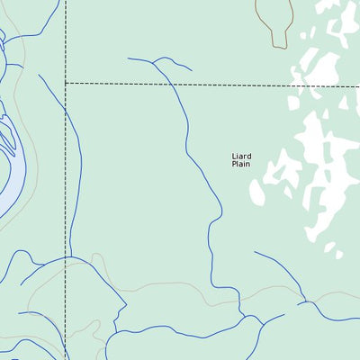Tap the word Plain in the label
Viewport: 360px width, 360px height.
click(240, 164)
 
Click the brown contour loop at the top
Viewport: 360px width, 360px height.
click(275, 16)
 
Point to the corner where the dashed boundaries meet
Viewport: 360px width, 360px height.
click(66, 84)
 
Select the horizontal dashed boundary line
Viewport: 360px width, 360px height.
click(216, 85)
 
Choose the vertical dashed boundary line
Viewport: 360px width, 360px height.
click(66, 180)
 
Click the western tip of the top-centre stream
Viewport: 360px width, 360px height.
click(128, 58)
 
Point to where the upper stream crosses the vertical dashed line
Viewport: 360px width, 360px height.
click(66, 115)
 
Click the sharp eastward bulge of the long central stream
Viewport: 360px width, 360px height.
click(221, 216)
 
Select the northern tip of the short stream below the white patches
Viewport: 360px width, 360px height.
click(255, 252)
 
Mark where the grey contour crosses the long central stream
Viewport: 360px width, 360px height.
click(212, 286)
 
